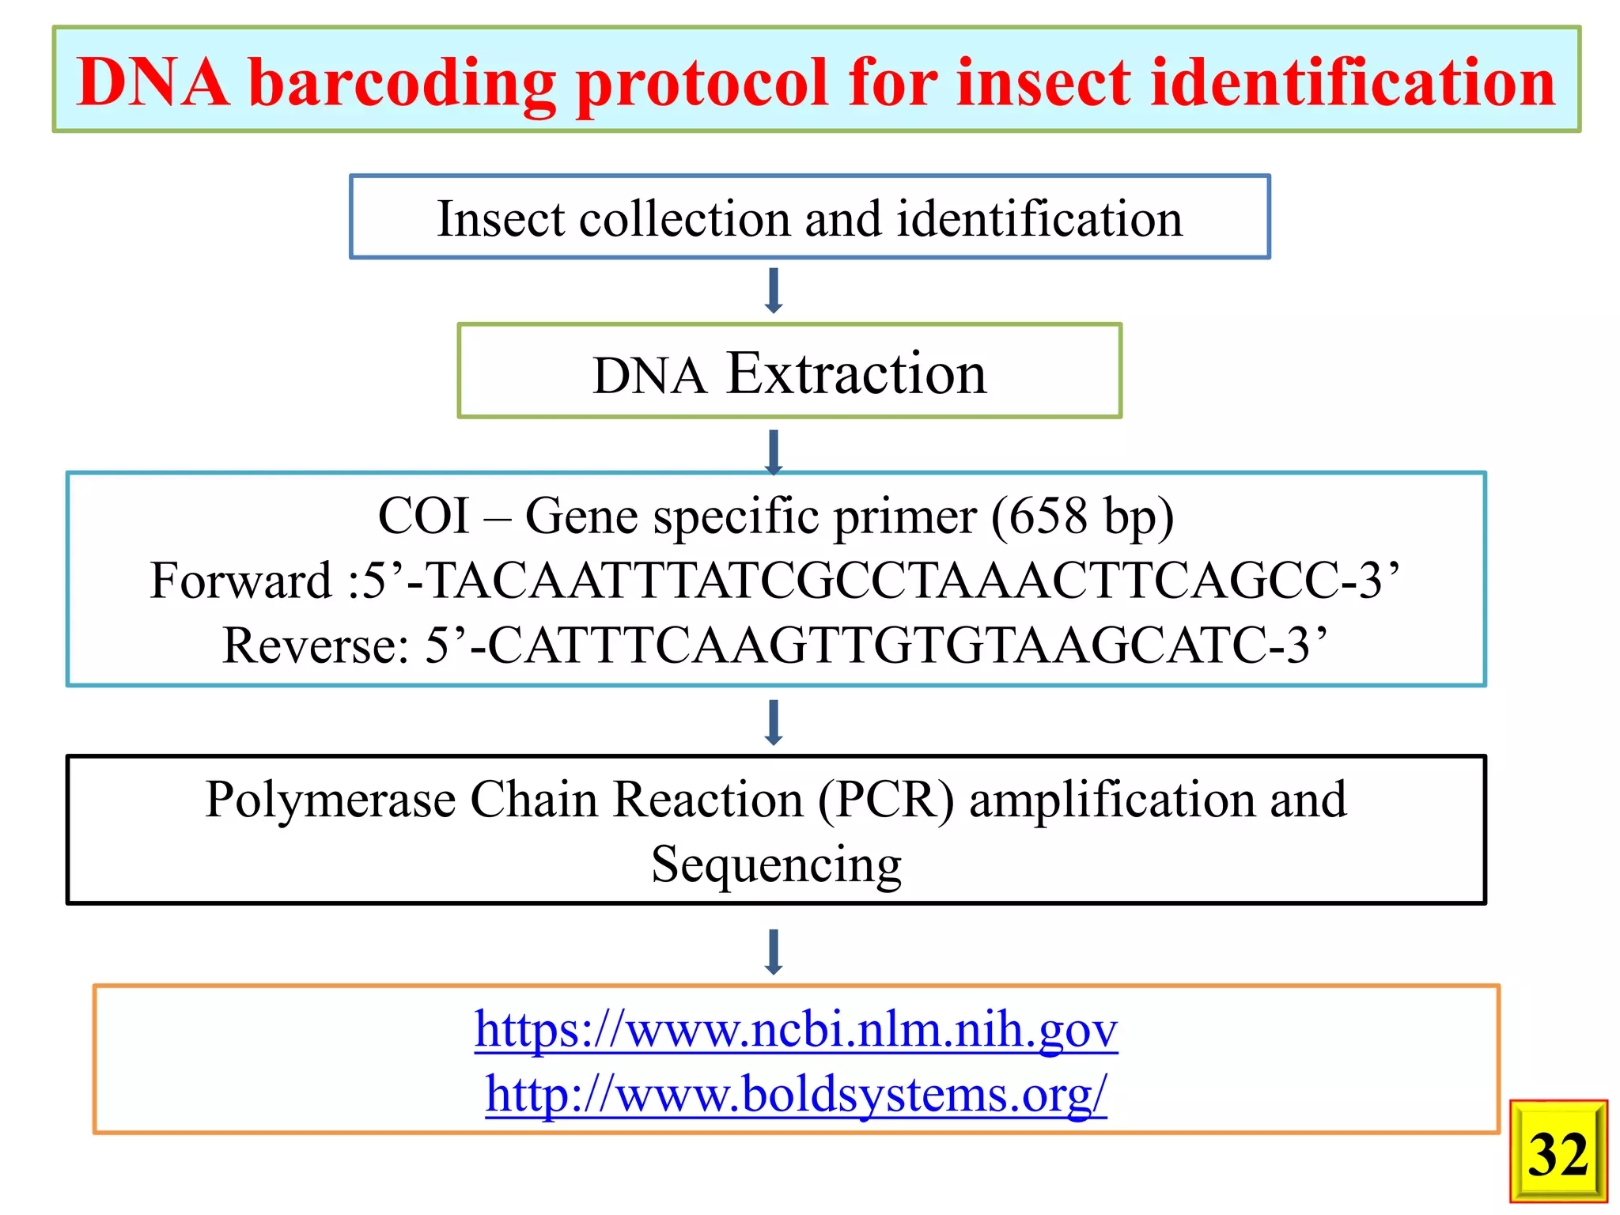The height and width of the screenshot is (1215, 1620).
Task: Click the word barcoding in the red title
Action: click(402, 83)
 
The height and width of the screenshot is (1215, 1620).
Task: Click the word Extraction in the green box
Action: click(857, 373)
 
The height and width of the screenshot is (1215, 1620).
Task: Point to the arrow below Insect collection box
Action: click(774, 290)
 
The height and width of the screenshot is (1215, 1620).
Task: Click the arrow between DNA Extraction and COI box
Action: click(774, 451)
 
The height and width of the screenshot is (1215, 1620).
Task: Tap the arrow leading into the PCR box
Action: click(774, 721)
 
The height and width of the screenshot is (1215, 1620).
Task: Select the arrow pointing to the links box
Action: click(774, 951)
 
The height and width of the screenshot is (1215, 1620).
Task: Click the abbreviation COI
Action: click(424, 517)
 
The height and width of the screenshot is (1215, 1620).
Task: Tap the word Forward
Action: click(240, 581)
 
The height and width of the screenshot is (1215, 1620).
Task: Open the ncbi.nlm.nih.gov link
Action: click(796, 1030)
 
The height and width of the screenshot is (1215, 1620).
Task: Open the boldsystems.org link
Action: click(796, 1095)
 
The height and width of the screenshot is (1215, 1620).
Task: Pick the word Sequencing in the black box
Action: click(776, 865)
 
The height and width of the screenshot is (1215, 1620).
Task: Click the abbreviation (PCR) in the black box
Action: click(886, 800)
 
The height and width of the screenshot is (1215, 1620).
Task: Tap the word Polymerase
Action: click(331, 800)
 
